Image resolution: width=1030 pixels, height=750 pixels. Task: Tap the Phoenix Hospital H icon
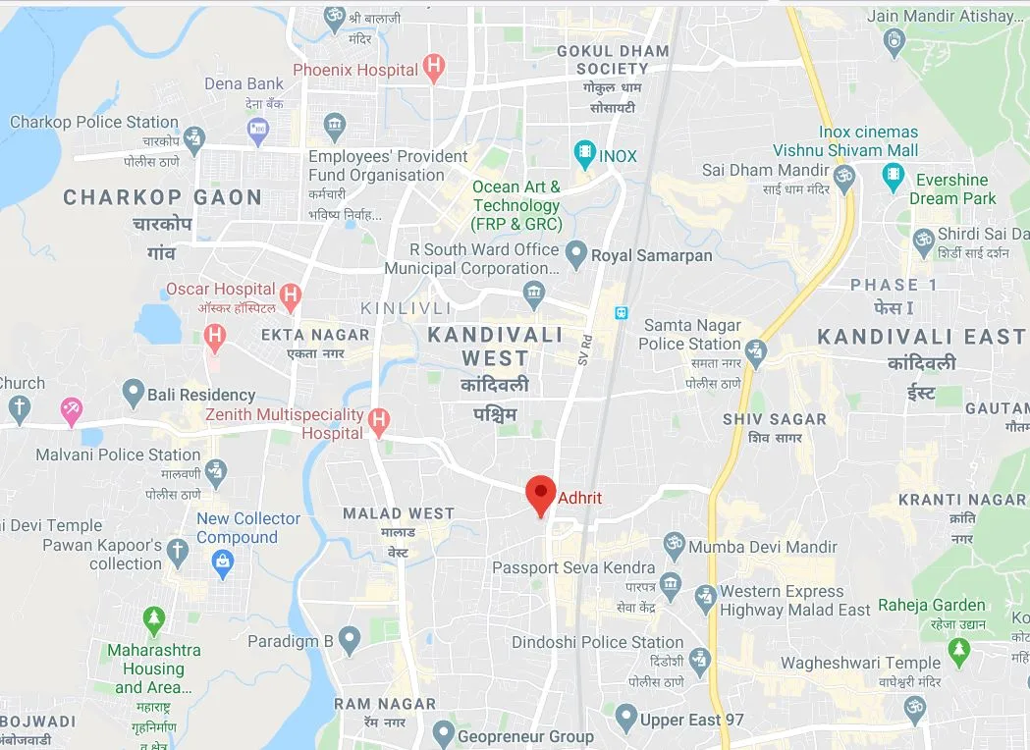tap(433, 68)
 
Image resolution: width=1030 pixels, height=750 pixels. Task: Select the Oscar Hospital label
tap(220, 289)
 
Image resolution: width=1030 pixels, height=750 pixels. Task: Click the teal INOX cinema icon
tap(585, 155)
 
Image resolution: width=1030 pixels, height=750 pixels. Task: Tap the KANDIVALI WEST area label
tap(496, 346)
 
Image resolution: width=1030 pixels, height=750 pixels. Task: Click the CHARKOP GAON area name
tap(163, 197)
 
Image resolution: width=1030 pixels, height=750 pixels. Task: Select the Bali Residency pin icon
tap(134, 394)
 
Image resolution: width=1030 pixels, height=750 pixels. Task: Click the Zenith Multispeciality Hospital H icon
tap(378, 424)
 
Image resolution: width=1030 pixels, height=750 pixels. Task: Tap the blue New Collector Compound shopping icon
tap(224, 562)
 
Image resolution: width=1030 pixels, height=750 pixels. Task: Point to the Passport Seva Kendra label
tap(573, 567)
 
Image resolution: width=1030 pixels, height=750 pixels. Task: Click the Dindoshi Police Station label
tap(597, 642)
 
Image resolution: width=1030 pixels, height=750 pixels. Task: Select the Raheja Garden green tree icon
tap(958, 649)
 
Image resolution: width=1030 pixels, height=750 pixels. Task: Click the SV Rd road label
tap(585, 348)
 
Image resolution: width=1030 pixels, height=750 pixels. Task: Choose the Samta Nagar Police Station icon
tap(755, 349)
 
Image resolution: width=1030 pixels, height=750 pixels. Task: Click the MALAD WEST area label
tap(399, 512)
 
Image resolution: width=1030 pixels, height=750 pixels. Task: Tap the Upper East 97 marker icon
tap(625, 720)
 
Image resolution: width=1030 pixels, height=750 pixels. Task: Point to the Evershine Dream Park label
tap(951, 188)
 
